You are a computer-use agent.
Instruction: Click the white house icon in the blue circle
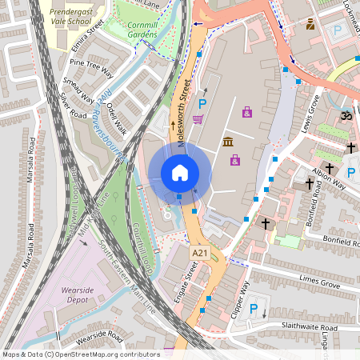(179, 172)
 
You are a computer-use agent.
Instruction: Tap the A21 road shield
(199, 253)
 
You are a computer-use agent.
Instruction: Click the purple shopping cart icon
(198, 118)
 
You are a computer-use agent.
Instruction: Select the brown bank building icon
(228, 142)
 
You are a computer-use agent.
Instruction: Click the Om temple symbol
(346, 117)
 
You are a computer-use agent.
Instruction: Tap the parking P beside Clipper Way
(254, 310)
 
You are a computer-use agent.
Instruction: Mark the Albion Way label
(330, 179)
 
